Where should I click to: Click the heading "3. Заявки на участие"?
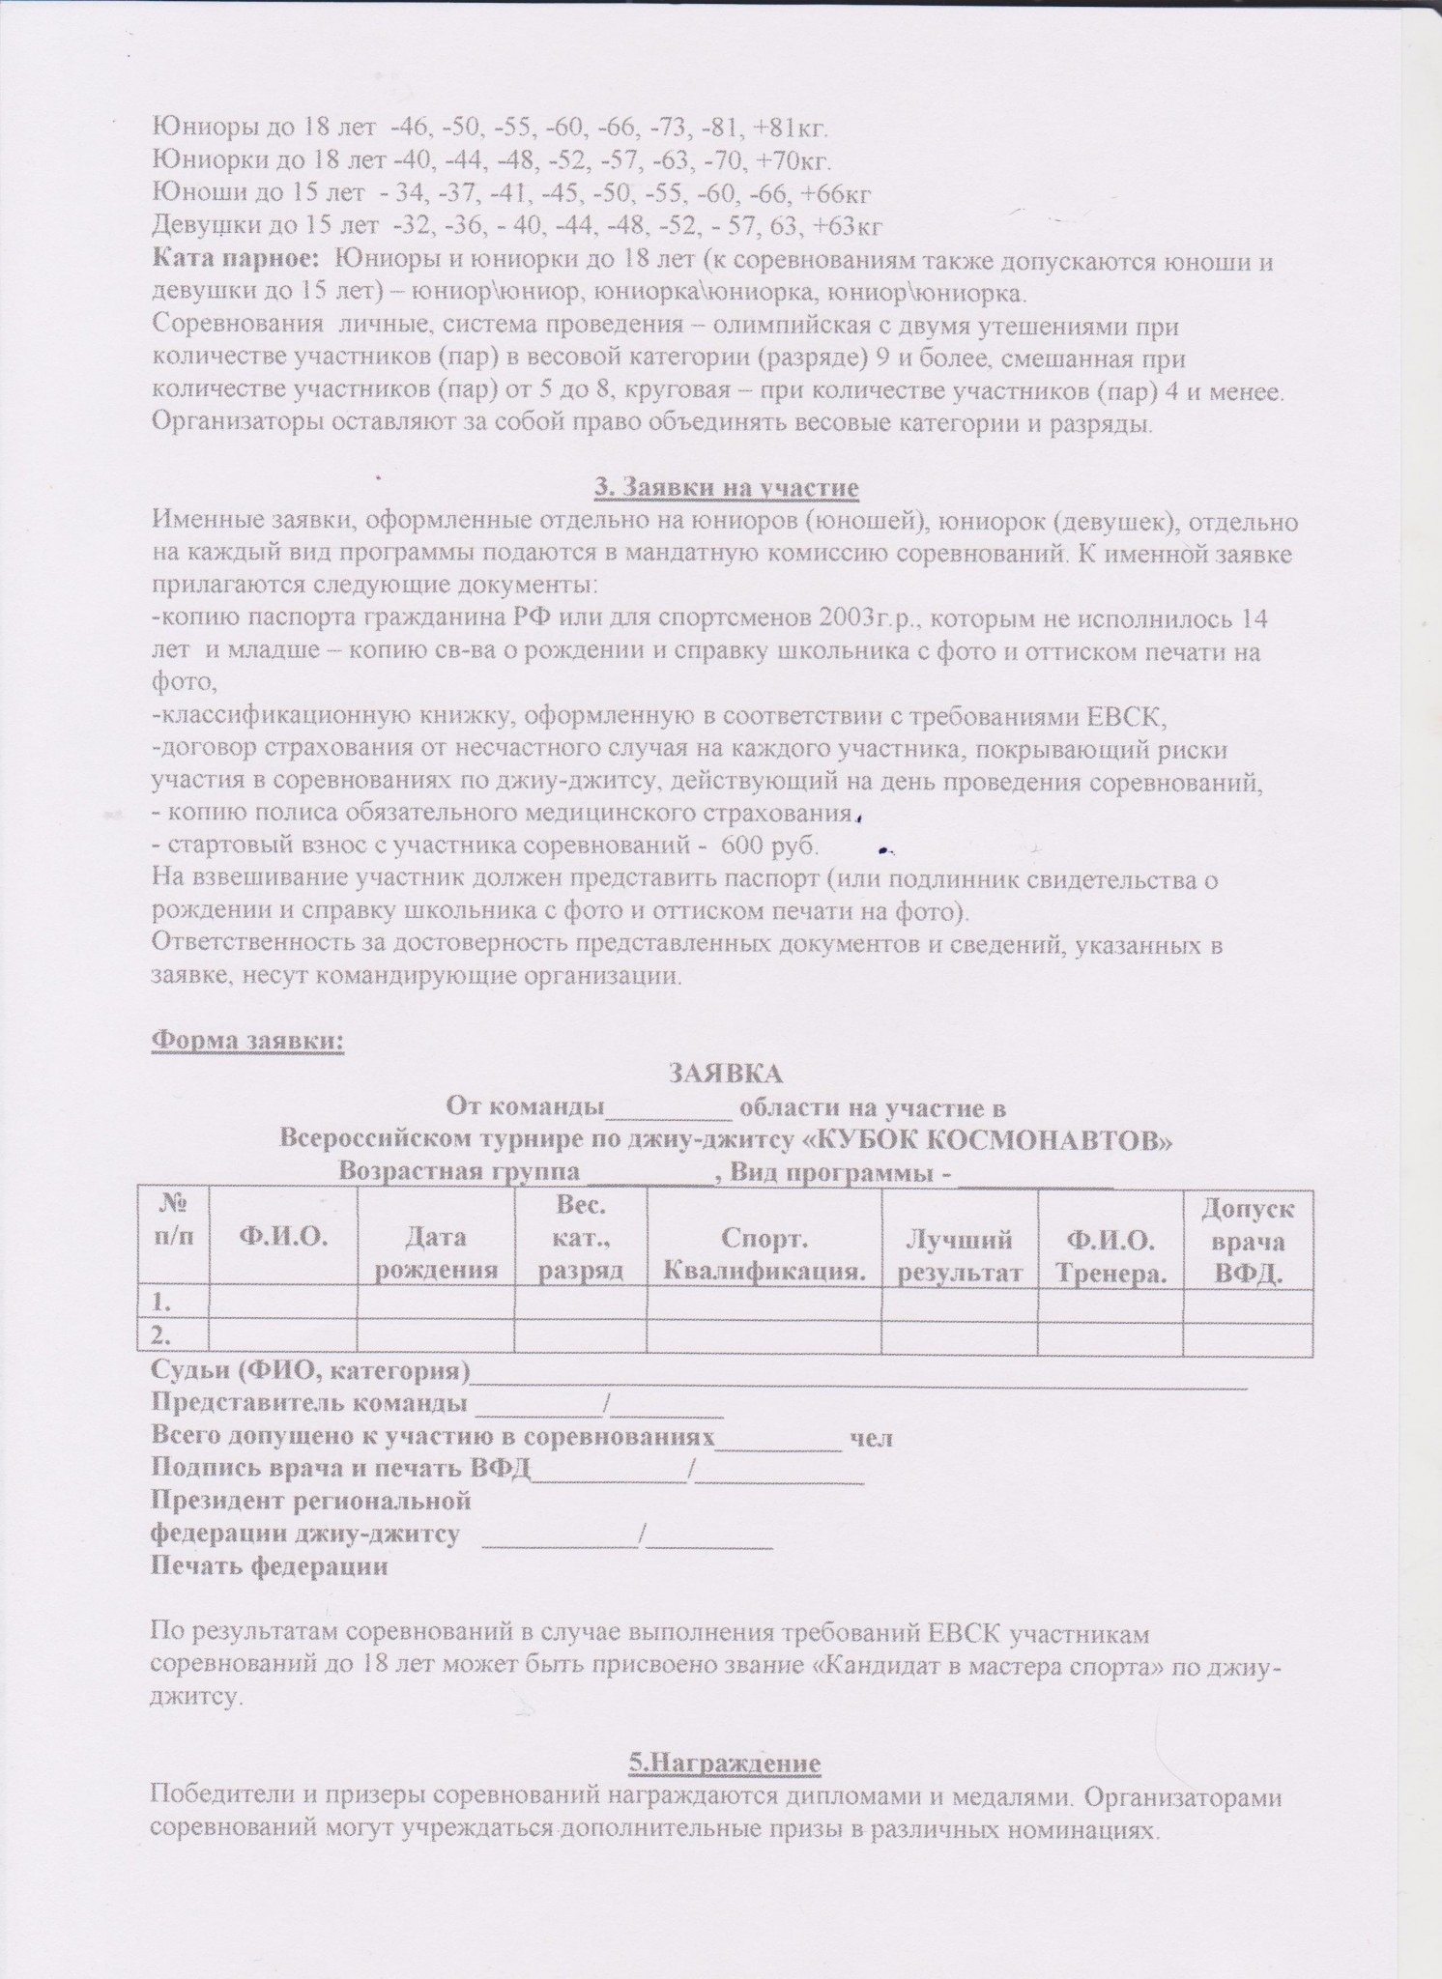[726, 488]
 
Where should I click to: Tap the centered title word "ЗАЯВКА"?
[726, 1074]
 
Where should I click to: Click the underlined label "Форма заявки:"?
[247, 1043]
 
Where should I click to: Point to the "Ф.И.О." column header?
[282, 1236]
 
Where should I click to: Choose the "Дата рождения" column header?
[436, 1253]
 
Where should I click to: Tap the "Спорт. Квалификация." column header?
[764, 1253]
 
